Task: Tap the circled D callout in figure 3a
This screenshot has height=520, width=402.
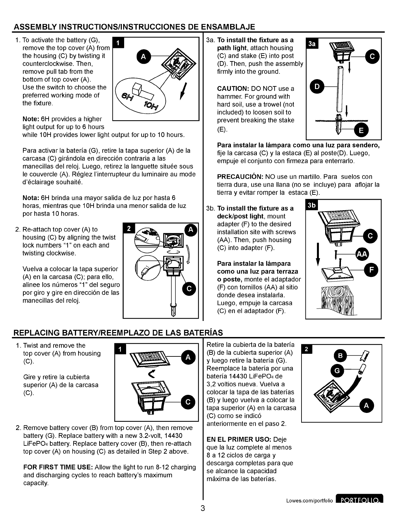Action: point(317,87)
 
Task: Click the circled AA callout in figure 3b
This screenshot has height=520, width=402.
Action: point(362,254)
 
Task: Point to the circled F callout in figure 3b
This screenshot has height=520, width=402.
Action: point(371,270)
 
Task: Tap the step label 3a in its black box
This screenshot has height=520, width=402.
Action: point(311,44)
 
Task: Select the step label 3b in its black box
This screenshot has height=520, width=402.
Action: point(311,205)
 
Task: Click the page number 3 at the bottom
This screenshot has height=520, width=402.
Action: point(203,509)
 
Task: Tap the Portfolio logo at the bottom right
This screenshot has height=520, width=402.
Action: point(359,501)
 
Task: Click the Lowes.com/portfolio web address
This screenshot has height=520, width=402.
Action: point(309,501)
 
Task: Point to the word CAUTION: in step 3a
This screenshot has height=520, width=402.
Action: point(233,89)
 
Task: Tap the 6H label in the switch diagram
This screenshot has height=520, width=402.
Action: point(126,96)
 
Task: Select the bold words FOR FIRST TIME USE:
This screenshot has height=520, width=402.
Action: point(58,467)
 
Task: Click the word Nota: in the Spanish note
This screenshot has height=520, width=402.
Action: point(31,198)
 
